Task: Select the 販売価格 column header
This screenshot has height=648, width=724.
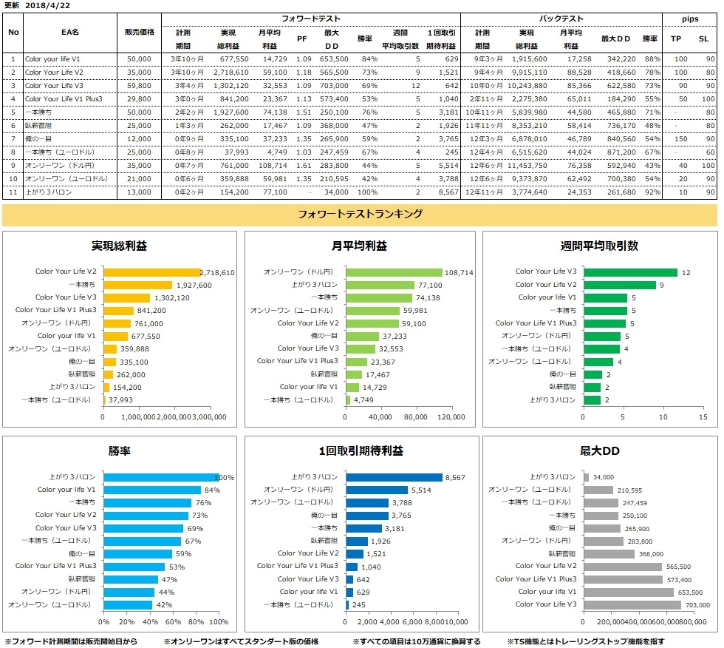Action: coord(138,33)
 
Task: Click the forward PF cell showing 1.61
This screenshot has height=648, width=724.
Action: coord(302,165)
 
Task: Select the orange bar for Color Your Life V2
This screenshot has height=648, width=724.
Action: coord(151,272)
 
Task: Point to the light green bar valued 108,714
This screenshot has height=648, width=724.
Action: coord(394,272)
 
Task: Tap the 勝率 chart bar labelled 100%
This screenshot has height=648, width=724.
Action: coord(161,477)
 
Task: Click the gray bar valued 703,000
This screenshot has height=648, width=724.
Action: coord(632,604)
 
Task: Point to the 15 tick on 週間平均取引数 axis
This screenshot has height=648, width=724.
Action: coord(702,417)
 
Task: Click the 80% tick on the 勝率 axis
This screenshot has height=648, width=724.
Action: coord(196,621)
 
